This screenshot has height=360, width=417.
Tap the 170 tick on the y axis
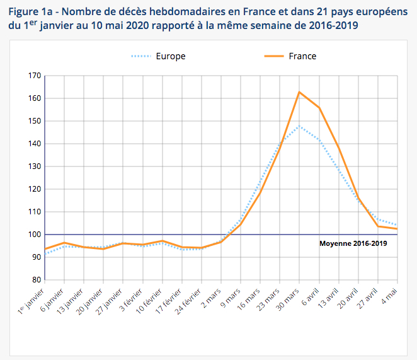(x=35, y=76)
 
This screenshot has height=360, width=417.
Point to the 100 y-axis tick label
(x=35, y=235)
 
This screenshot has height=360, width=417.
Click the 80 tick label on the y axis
(x=37, y=280)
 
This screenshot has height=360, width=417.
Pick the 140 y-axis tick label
(x=35, y=144)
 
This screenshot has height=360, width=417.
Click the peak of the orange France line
(x=299, y=92)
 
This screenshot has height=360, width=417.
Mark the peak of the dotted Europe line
(x=299, y=126)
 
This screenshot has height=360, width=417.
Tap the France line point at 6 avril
(x=319, y=108)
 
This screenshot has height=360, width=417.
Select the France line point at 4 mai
(x=397, y=229)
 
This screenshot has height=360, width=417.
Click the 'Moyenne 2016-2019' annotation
(x=353, y=243)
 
